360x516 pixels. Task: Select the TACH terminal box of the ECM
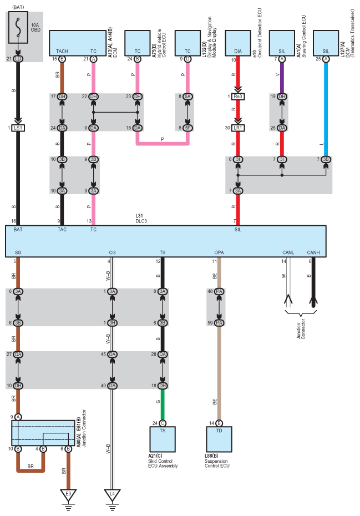(62, 43)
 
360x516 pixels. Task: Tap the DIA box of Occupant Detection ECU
(238, 43)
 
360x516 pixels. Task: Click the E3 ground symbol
(68, 493)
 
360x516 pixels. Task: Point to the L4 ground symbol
(113, 493)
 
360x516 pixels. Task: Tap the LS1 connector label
(19, 128)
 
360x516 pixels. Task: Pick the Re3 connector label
(238, 97)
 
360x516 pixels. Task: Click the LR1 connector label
(238, 128)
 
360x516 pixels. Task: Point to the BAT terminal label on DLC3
(18, 229)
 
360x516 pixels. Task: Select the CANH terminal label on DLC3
(313, 253)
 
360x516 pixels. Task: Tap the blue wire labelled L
(326, 111)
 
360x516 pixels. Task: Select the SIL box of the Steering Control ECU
(282, 43)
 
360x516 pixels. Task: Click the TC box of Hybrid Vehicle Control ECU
(137, 43)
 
